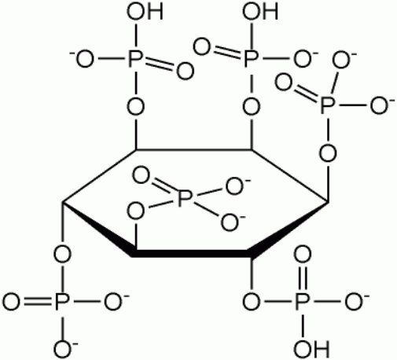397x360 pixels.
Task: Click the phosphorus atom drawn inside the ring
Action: [185, 198]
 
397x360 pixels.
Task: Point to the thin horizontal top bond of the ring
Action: [193, 150]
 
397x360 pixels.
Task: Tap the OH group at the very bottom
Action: [311, 349]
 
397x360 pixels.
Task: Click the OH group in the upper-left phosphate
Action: [145, 12]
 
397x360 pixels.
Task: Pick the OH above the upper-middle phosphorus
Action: [260, 12]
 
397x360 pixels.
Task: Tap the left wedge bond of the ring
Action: [97, 227]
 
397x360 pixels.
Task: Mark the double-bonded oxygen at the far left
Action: [11, 302]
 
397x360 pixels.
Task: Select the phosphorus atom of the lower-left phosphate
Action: [62, 302]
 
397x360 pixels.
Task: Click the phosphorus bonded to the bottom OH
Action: [303, 302]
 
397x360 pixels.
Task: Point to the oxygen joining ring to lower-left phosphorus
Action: [62, 255]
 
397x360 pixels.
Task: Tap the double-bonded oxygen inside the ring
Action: [141, 176]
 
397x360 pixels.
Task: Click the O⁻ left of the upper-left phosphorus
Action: [83, 59]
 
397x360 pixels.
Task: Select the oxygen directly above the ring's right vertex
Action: [328, 153]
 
